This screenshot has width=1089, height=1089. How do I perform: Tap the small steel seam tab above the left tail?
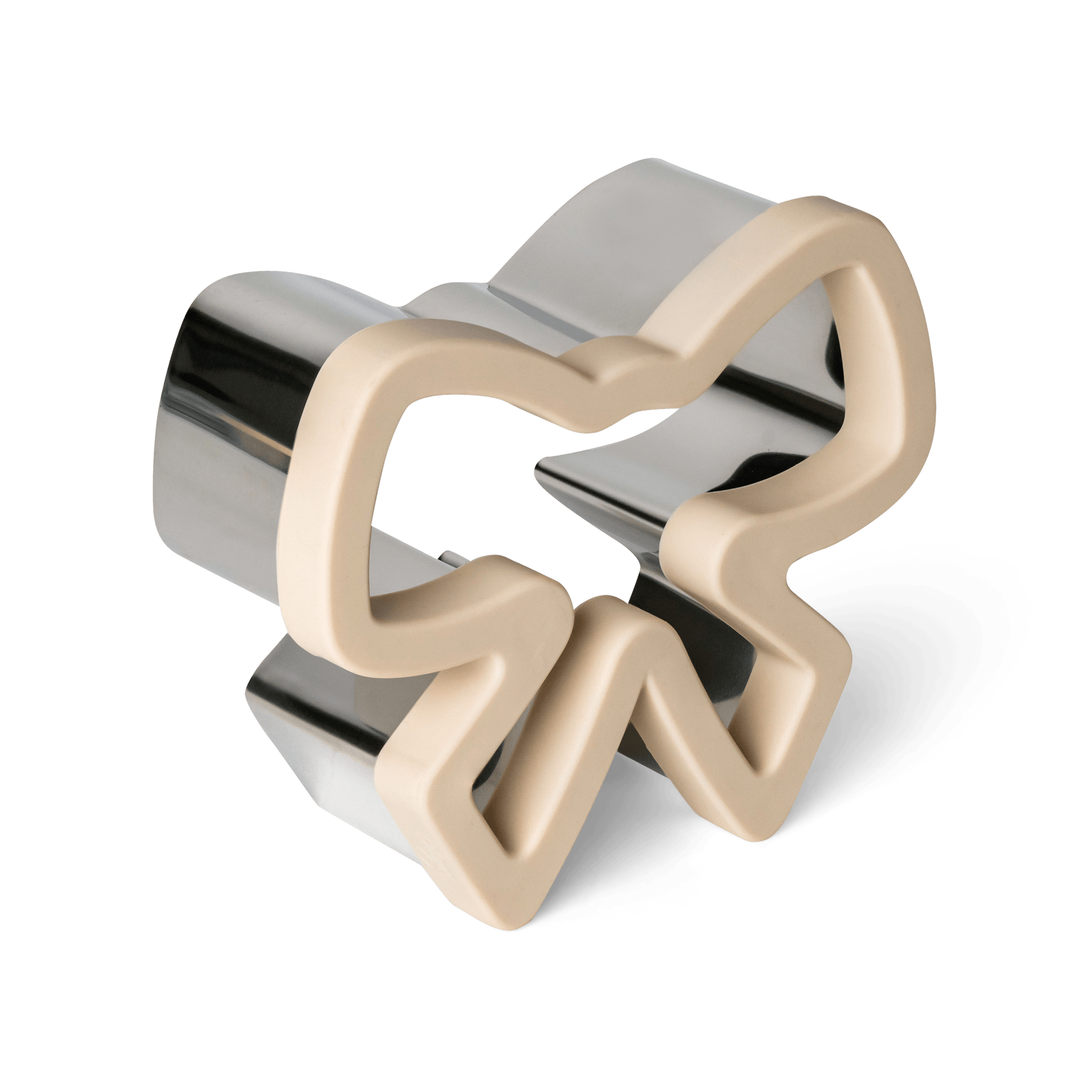pos(451,561)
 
